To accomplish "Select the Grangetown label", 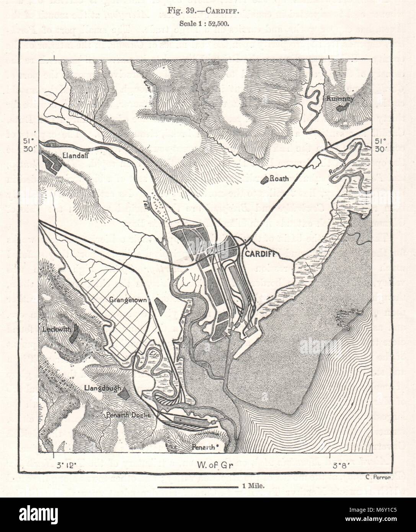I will (132, 300).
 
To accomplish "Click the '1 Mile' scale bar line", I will (197, 487).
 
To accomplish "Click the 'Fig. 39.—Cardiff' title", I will (208, 11).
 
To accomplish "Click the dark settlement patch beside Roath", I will (264, 180).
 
